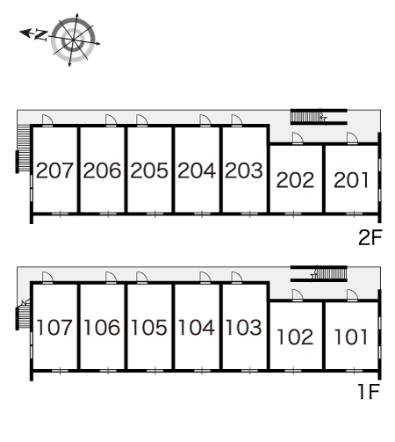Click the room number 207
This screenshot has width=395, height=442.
(54, 170)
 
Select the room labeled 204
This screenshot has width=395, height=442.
(197, 170)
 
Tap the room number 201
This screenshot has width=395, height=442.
(351, 180)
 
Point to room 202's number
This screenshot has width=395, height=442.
(295, 180)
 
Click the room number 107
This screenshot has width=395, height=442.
(54, 327)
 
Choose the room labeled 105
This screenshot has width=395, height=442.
(149, 327)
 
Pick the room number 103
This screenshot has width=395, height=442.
(244, 327)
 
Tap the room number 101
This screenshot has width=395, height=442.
(351, 337)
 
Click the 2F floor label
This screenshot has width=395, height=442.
(370, 237)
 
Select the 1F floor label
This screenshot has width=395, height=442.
(370, 392)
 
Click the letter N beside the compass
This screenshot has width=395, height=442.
(41, 35)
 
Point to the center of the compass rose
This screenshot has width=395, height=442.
(73, 40)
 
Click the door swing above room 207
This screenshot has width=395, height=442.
(47, 120)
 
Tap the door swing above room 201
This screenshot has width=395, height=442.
(352, 138)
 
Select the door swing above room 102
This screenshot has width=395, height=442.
(298, 294)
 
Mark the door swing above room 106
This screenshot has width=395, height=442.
(111, 277)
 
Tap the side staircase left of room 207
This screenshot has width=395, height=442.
(23, 148)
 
